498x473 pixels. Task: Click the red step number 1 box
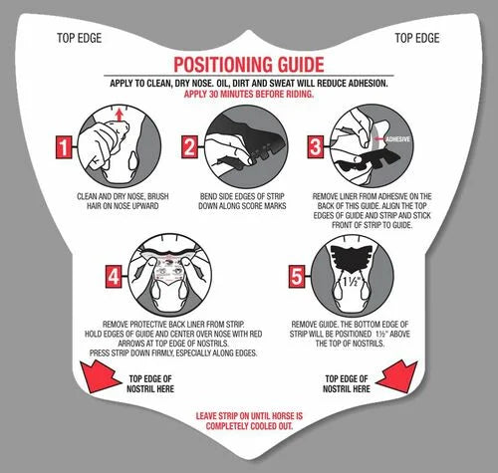tap(64, 146)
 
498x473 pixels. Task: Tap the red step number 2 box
tap(189, 146)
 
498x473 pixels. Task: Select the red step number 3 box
tap(315, 146)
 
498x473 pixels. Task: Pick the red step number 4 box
tap(114, 276)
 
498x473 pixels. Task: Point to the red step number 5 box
tap(297, 276)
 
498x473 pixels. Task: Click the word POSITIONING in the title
tap(223, 65)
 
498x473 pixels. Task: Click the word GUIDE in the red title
tap(301, 65)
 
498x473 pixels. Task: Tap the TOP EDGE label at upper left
tap(79, 38)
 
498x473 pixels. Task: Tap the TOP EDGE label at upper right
tap(417, 38)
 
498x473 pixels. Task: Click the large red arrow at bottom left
tap(100, 377)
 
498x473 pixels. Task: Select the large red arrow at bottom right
tap(397, 376)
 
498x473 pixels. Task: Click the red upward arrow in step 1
tap(120, 116)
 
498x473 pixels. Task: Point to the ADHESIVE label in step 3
tap(398, 139)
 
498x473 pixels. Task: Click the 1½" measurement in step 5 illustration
tap(352, 282)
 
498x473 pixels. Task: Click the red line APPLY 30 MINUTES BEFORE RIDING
tap(249, 94)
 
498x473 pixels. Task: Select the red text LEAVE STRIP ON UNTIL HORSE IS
tap(249, 416)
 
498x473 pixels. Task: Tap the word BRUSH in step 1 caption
tap(158, 196)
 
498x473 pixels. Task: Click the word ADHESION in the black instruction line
tap(368, 83)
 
